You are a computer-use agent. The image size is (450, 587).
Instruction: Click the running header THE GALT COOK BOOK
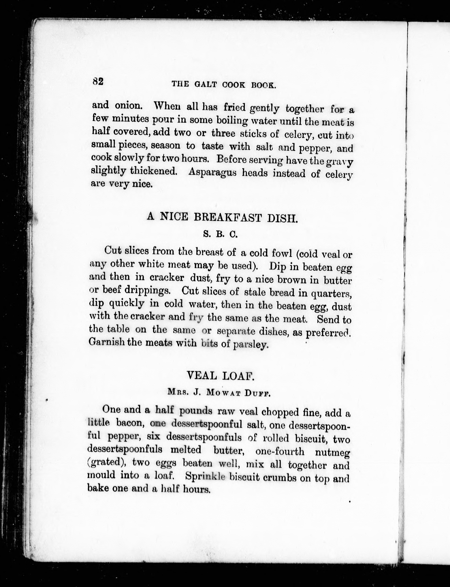pyautogui.click(x=223, y=85)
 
